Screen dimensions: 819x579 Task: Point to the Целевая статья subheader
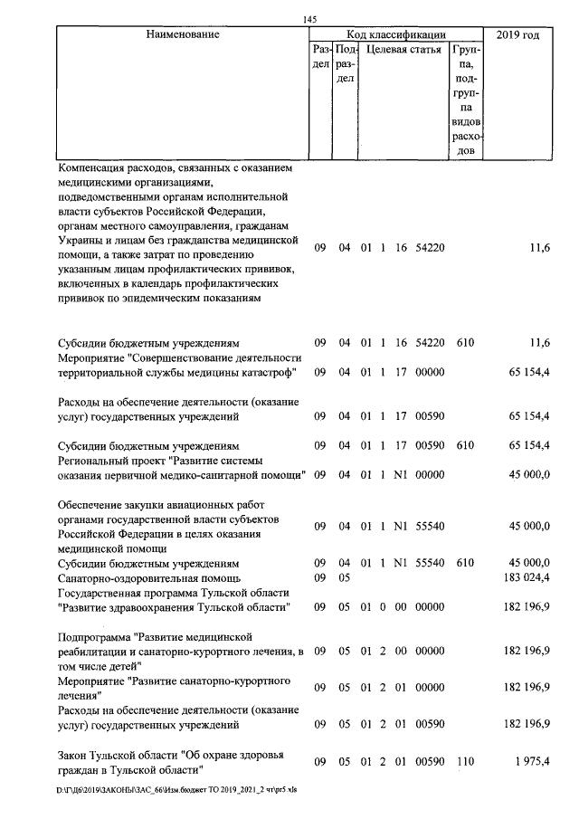[x=403, y=50]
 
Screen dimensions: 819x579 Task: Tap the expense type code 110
[x=465, y=762]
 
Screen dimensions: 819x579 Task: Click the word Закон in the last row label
[x=74, y=756]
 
